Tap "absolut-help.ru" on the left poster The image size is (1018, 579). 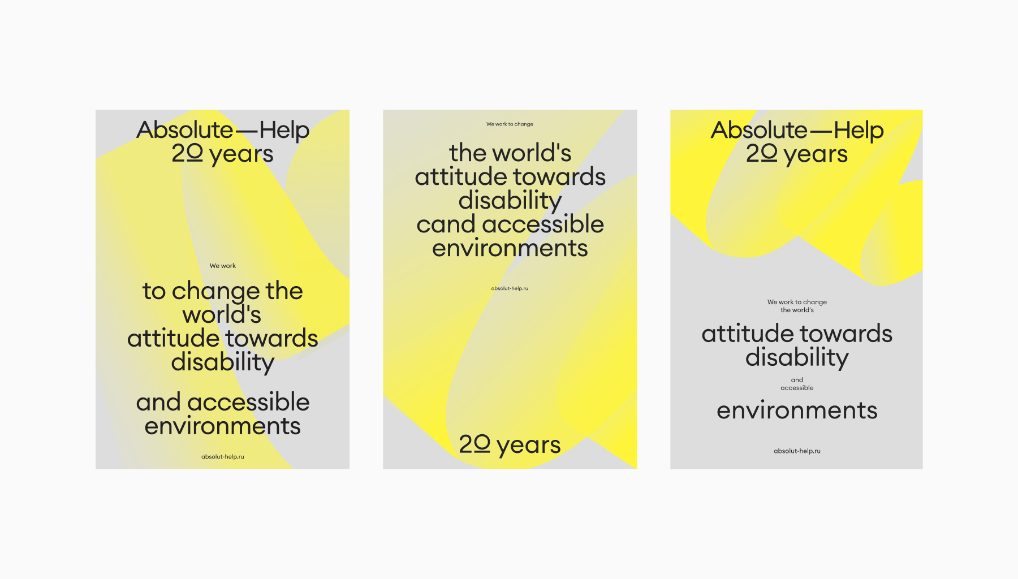tap(223, 457)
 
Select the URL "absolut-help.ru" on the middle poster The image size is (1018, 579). tap(510, 288)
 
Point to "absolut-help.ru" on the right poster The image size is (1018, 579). tap(797, 451)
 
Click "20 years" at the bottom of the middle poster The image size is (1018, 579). tap(510, 445)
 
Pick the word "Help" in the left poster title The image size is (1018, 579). tap(284, 131)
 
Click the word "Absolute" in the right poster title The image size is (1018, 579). tap(759, 130)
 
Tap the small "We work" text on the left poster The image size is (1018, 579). tap(223, 266)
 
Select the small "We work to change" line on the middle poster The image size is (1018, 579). tap(510, 124)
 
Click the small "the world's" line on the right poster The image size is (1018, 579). tap(797, 310)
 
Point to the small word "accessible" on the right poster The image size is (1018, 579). tap(797, 388)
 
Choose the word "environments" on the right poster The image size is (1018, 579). tap(797, 411)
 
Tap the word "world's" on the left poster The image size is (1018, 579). tap(222, 315)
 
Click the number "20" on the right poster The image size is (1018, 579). tap(762, 153)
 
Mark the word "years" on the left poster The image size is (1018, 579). tap(241, 155)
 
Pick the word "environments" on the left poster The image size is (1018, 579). tap(223, 426)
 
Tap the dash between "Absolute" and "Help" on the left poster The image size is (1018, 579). tap(247, 132)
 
